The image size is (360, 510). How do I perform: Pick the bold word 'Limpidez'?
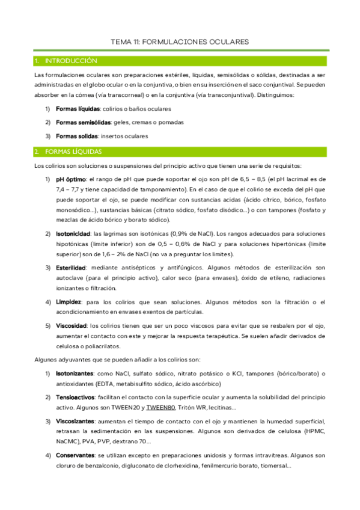pyautogui.click(x=69, y=301)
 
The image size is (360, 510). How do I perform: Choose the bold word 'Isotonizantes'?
pyautogui.click(x=75, y=373)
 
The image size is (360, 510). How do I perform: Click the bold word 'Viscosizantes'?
pyautogui.click(x=75, y=422)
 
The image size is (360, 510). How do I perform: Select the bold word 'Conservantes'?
pyautogui.click(x=75, y=455)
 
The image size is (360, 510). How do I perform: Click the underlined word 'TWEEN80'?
pyautogui.click(x=159, y=408)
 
